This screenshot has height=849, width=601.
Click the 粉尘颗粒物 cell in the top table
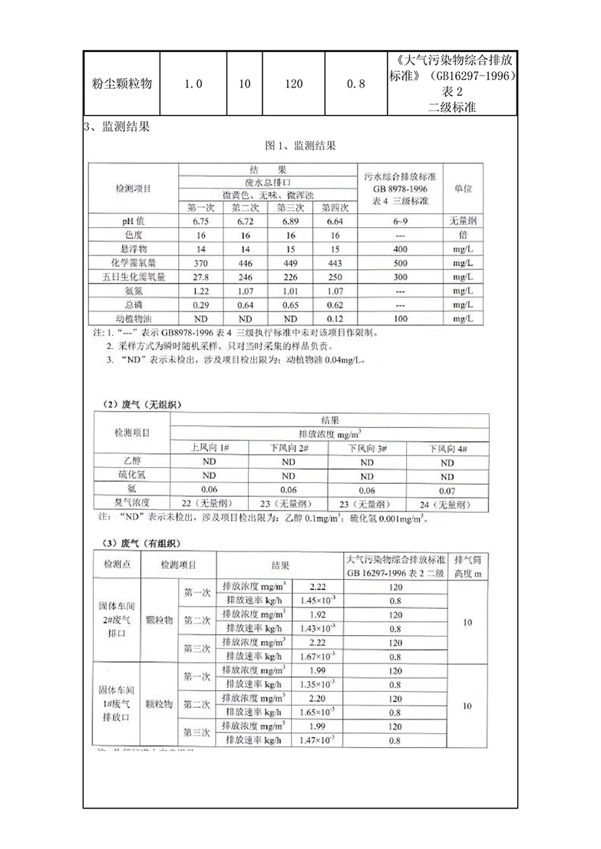[x=119, y=84]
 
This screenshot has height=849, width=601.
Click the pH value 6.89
[x=291, y=221]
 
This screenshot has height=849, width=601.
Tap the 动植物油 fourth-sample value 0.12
[x=333, y=318]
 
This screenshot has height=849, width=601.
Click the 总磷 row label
[x=134, y=304]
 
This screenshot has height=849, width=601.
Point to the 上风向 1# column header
[x=209, y=447]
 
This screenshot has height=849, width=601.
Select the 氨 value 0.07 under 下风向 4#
[x=447, y=489]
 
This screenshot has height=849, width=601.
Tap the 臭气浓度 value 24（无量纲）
[x=447, y=504]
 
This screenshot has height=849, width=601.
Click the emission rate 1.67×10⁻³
[x=318, y=656]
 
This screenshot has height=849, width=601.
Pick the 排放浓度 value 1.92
[x=318, y=614]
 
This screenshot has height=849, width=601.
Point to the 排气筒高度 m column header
[x=467, y=566]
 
